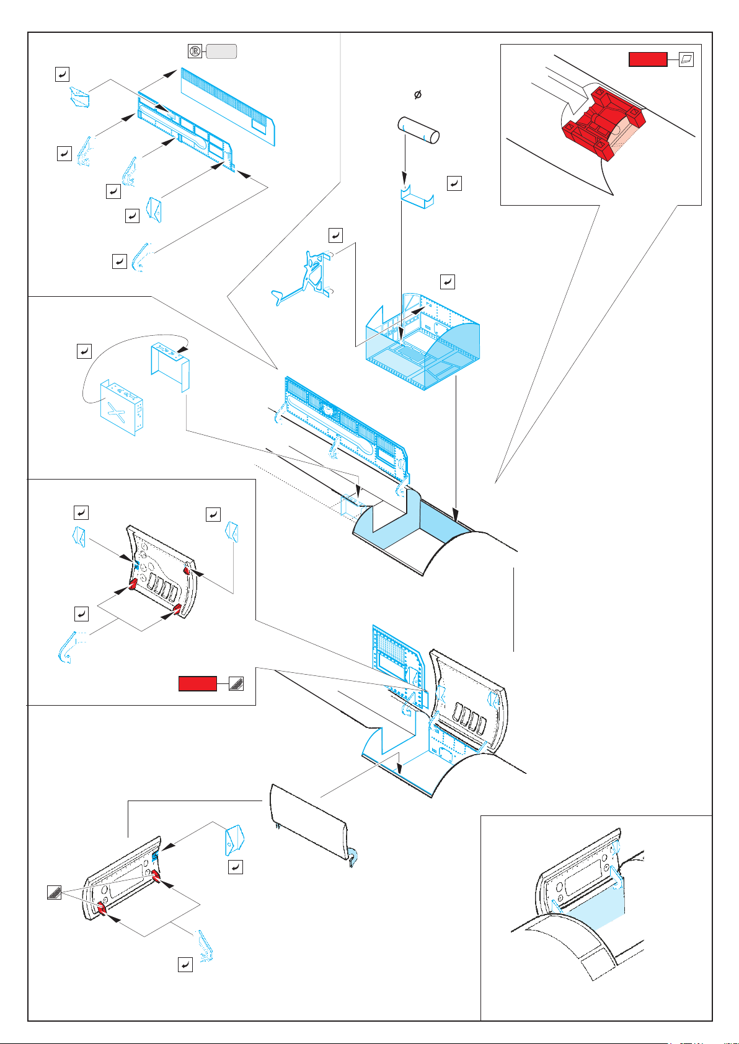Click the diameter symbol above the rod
[418, 95]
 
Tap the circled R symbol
[194, 51]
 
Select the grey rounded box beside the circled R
[221, 51]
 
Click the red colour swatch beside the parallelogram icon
[647, 59]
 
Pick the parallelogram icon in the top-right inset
[686, 59]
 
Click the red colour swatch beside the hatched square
[198, 683]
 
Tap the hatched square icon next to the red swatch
[236, 683]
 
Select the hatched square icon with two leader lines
[54, 893]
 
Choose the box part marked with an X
[122, 406]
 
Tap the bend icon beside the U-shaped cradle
[454, 183]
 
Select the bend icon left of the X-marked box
[84, 351]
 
